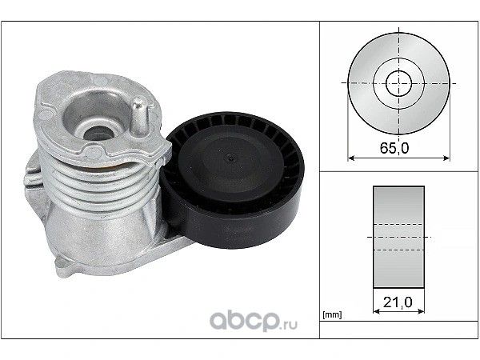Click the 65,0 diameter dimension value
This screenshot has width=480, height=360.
[x=394, y=148]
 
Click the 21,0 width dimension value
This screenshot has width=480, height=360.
[x=398, y=302]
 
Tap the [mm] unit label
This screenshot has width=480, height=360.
[x=332, y=314]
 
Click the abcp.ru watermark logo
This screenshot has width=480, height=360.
[x=253, y=321]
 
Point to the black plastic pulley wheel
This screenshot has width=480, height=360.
[x=231, y=179]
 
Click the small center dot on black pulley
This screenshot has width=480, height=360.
[x=230, y=158]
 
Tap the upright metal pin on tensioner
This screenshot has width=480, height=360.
[x=140, y=116]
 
